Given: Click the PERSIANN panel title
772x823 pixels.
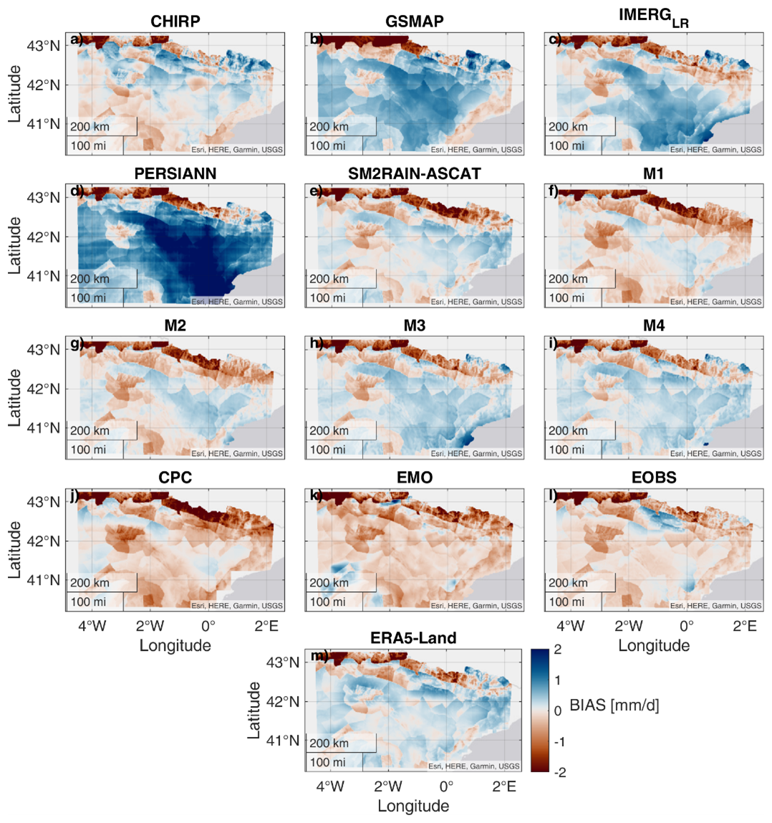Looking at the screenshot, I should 175,174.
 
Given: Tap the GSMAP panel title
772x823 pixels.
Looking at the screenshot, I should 414,22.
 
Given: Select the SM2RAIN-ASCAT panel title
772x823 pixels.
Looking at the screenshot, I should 414,174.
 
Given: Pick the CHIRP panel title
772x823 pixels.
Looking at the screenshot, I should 175,22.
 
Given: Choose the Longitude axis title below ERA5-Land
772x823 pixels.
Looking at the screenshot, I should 414,806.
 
